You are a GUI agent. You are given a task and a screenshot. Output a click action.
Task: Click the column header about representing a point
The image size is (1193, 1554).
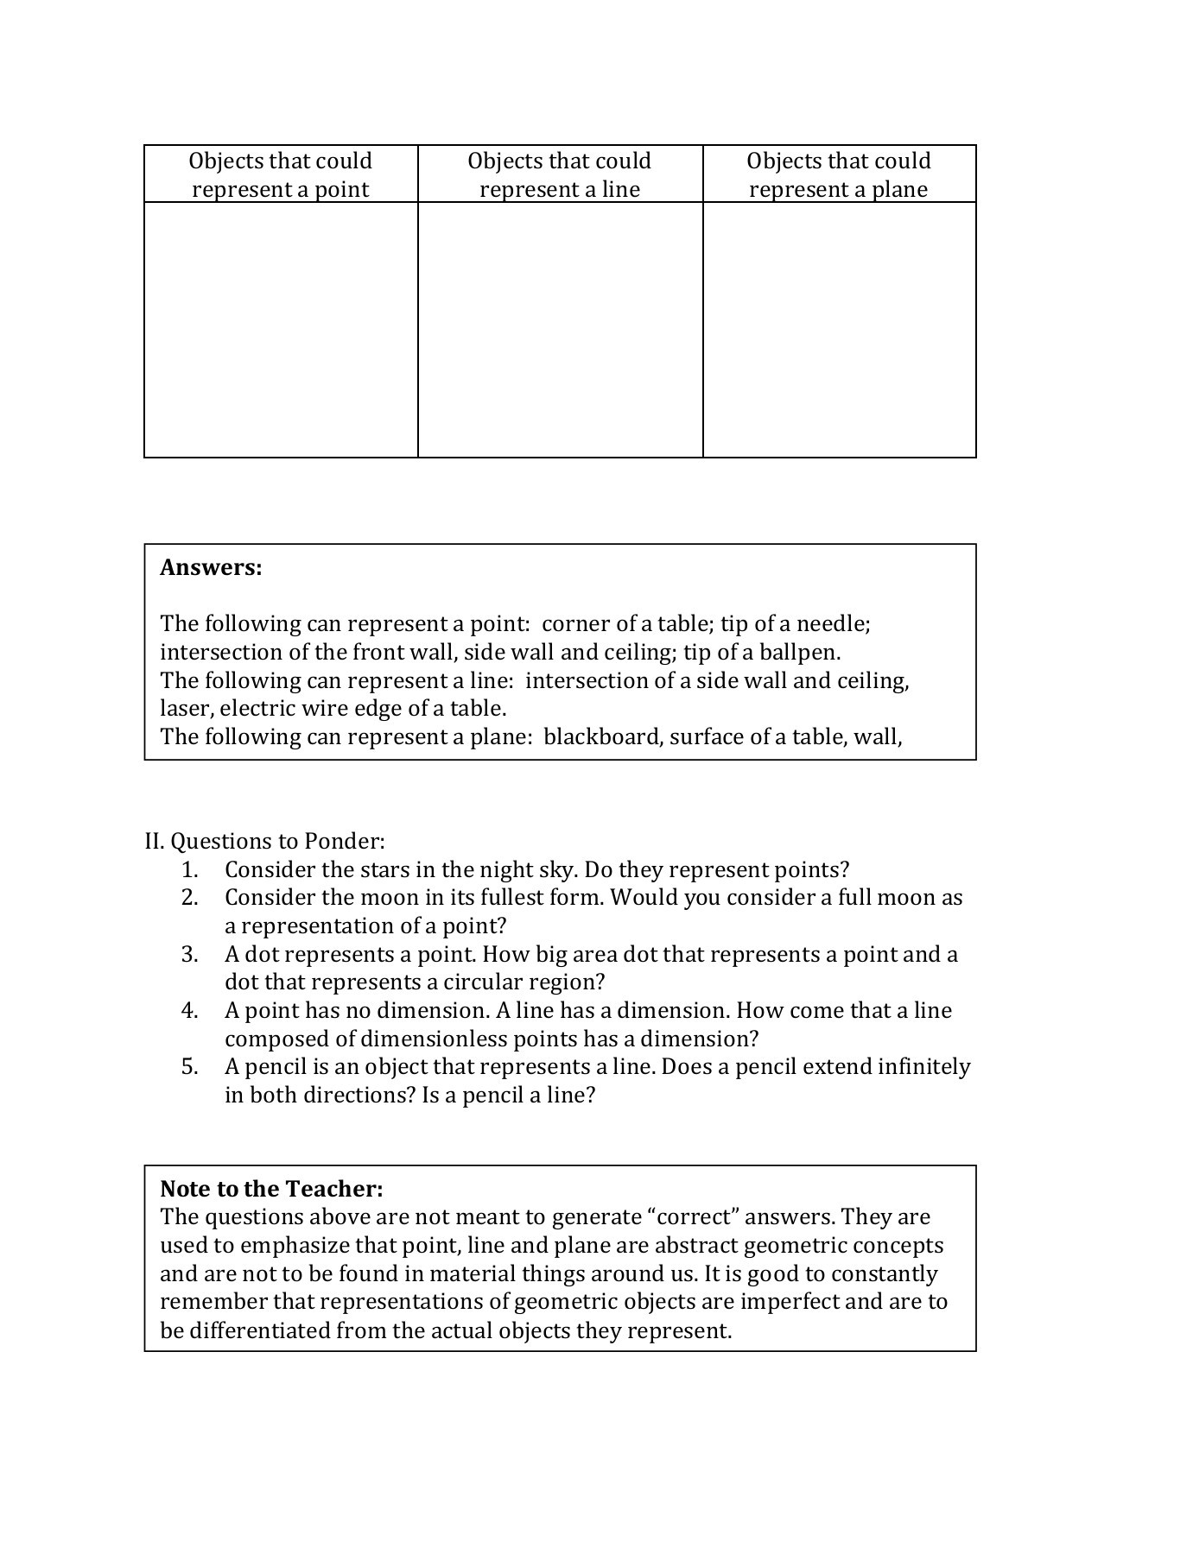281,175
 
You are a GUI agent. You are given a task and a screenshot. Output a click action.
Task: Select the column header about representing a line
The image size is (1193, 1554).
560,175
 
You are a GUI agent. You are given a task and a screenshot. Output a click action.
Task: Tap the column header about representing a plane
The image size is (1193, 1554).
839,175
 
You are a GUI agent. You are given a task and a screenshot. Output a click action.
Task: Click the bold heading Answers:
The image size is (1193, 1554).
211,568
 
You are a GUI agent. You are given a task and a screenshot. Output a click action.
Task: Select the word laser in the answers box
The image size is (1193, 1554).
185,709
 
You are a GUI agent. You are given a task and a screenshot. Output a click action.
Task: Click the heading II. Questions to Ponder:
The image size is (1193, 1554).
265,841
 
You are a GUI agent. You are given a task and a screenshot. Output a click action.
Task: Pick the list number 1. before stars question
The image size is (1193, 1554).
190,869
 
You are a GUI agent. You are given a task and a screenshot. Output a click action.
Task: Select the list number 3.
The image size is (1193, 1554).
190,954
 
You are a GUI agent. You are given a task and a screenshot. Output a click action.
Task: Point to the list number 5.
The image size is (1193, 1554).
190,1067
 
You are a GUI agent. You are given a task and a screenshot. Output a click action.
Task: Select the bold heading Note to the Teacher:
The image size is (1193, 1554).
271,1189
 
